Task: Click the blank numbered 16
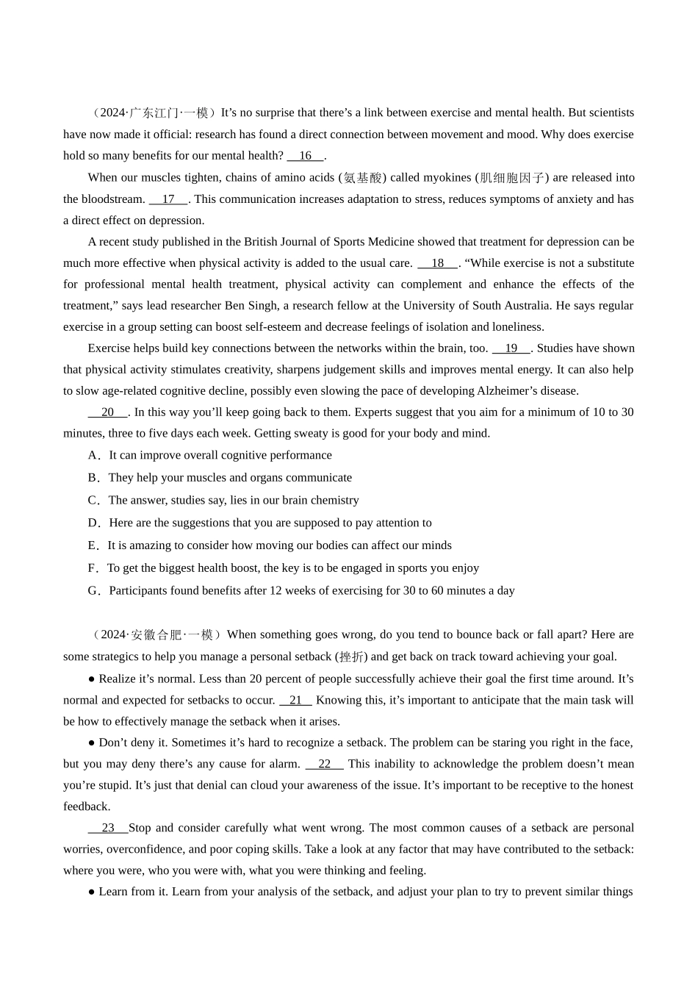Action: coord(305,156)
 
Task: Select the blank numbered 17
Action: coord(168,199)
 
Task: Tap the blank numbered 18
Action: coord(437,263)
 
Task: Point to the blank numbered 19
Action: coord(511,348)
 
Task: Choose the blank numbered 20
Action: coord(108,412)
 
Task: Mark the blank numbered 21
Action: coord(295,701)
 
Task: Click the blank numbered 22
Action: coord(324,765)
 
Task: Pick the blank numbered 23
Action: coord(108,828)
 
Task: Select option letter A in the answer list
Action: coord(93,456)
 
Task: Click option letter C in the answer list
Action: coord(93,501)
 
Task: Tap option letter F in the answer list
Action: coord(93,568)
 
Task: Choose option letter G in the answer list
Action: coord(93,591)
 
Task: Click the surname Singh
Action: coord(265,306)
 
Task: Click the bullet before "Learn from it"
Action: coord(92,892)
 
